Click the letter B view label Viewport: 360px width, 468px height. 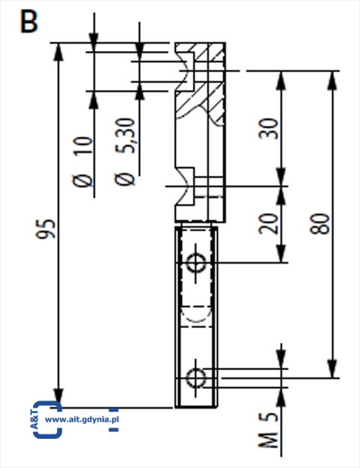point(29,21)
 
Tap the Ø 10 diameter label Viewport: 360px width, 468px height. point(82,162)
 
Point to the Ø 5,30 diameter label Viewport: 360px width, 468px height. point(125,151)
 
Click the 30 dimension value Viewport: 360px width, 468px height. point(269,129)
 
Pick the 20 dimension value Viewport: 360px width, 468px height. point(269,224)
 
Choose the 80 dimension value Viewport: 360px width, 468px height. point(320,224)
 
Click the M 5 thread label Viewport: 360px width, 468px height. point(268,431)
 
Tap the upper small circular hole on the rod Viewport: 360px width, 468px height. point(195,263)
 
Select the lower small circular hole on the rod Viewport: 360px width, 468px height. point(195,378)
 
